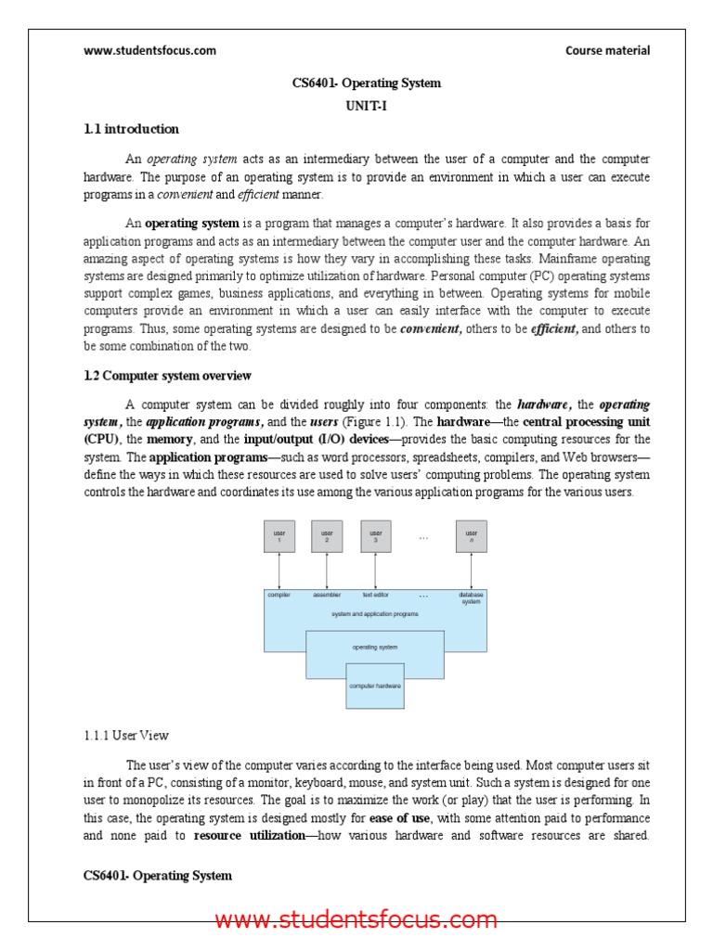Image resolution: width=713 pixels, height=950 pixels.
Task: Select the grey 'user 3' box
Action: pos(376,536)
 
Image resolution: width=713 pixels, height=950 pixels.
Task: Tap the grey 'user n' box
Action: pos(472,536)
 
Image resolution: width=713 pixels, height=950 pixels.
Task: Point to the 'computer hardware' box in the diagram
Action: pos(375,686)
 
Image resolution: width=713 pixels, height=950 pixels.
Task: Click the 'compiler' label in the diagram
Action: pos(279,595)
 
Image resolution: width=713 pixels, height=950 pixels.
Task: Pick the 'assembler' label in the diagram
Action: pos(327,595)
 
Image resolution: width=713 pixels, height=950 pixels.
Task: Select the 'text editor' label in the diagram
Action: pos(375,595)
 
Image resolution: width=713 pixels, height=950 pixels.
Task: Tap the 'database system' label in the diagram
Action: pos(471,597)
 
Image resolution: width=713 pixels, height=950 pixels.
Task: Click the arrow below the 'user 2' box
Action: pos(327,571)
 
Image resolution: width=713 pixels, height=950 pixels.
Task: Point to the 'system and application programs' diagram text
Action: pos(375,613)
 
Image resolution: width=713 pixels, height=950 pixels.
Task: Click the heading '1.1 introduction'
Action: pos(131,129)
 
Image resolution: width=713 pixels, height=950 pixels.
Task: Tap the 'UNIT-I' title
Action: pos(366,106)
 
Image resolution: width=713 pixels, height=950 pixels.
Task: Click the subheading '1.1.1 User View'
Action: pos(126,736)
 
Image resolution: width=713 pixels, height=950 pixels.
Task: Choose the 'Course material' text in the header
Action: pos(607,51)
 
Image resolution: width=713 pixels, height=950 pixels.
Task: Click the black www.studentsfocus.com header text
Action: pos(149,51)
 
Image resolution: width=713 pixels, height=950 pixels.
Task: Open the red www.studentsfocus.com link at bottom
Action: pos(356,920)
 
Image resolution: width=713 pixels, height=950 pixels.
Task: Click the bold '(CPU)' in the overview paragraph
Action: pos(101,439)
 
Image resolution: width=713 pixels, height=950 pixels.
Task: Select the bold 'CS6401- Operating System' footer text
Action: pos(158,876)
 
